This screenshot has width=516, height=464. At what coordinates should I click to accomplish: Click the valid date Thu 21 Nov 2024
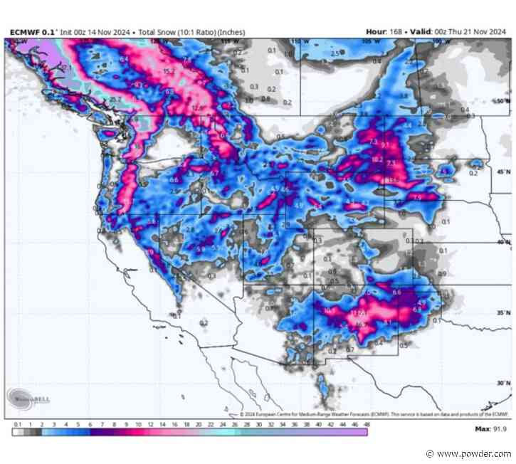coord(476,32)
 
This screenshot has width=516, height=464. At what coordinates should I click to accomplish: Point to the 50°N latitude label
coord(502,101)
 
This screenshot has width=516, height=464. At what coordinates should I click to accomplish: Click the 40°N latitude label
coord(502,243)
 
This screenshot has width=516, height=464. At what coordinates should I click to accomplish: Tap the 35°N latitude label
coord(502,312)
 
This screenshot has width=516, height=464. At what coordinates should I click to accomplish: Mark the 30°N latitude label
coord(502,383)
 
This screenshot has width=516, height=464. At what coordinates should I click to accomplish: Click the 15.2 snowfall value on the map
coord(169,71)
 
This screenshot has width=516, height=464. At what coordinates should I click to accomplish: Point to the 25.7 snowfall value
coord(113,97)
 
